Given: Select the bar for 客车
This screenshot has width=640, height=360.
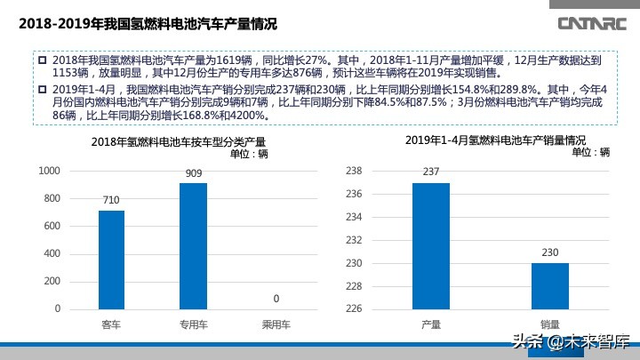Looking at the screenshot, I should pyautogui.click(x=111, y=260).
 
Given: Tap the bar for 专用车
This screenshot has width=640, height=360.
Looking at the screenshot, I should pyautogui.click(x=193, y=246).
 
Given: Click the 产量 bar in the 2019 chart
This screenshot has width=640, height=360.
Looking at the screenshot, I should pyautogui.click(x=431, y=246).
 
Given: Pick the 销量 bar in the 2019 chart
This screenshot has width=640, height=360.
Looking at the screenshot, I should pyautogui.click(x=550, y=285).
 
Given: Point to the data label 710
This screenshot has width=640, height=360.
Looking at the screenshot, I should pyautogui.click(x=111, y=202).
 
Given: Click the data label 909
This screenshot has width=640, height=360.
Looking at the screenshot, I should pyautogui.click(x=193, y=174).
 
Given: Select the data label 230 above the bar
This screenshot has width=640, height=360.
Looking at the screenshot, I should pyautogui.click(x=550, y=253).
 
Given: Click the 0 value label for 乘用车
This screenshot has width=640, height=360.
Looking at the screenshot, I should pyautogui.click(x=276, y=299).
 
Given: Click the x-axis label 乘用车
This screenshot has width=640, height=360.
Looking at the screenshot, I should pyautogui.click(x=276, y=326).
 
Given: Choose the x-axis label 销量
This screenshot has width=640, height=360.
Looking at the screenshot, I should pyautogui.click(x=550, y=326).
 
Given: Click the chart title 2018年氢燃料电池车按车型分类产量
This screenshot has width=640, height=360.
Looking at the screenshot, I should pyautogui.click(x=178, y=142).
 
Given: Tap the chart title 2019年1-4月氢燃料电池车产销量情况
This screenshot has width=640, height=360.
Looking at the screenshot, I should pyautogui.click(x=484, y=140).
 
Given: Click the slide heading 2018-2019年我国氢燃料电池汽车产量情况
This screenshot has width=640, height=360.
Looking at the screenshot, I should pyautogui.click(x=148, y=23).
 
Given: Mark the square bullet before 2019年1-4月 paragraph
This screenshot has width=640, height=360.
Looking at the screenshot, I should pyautogui.click(x=42, y=90).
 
